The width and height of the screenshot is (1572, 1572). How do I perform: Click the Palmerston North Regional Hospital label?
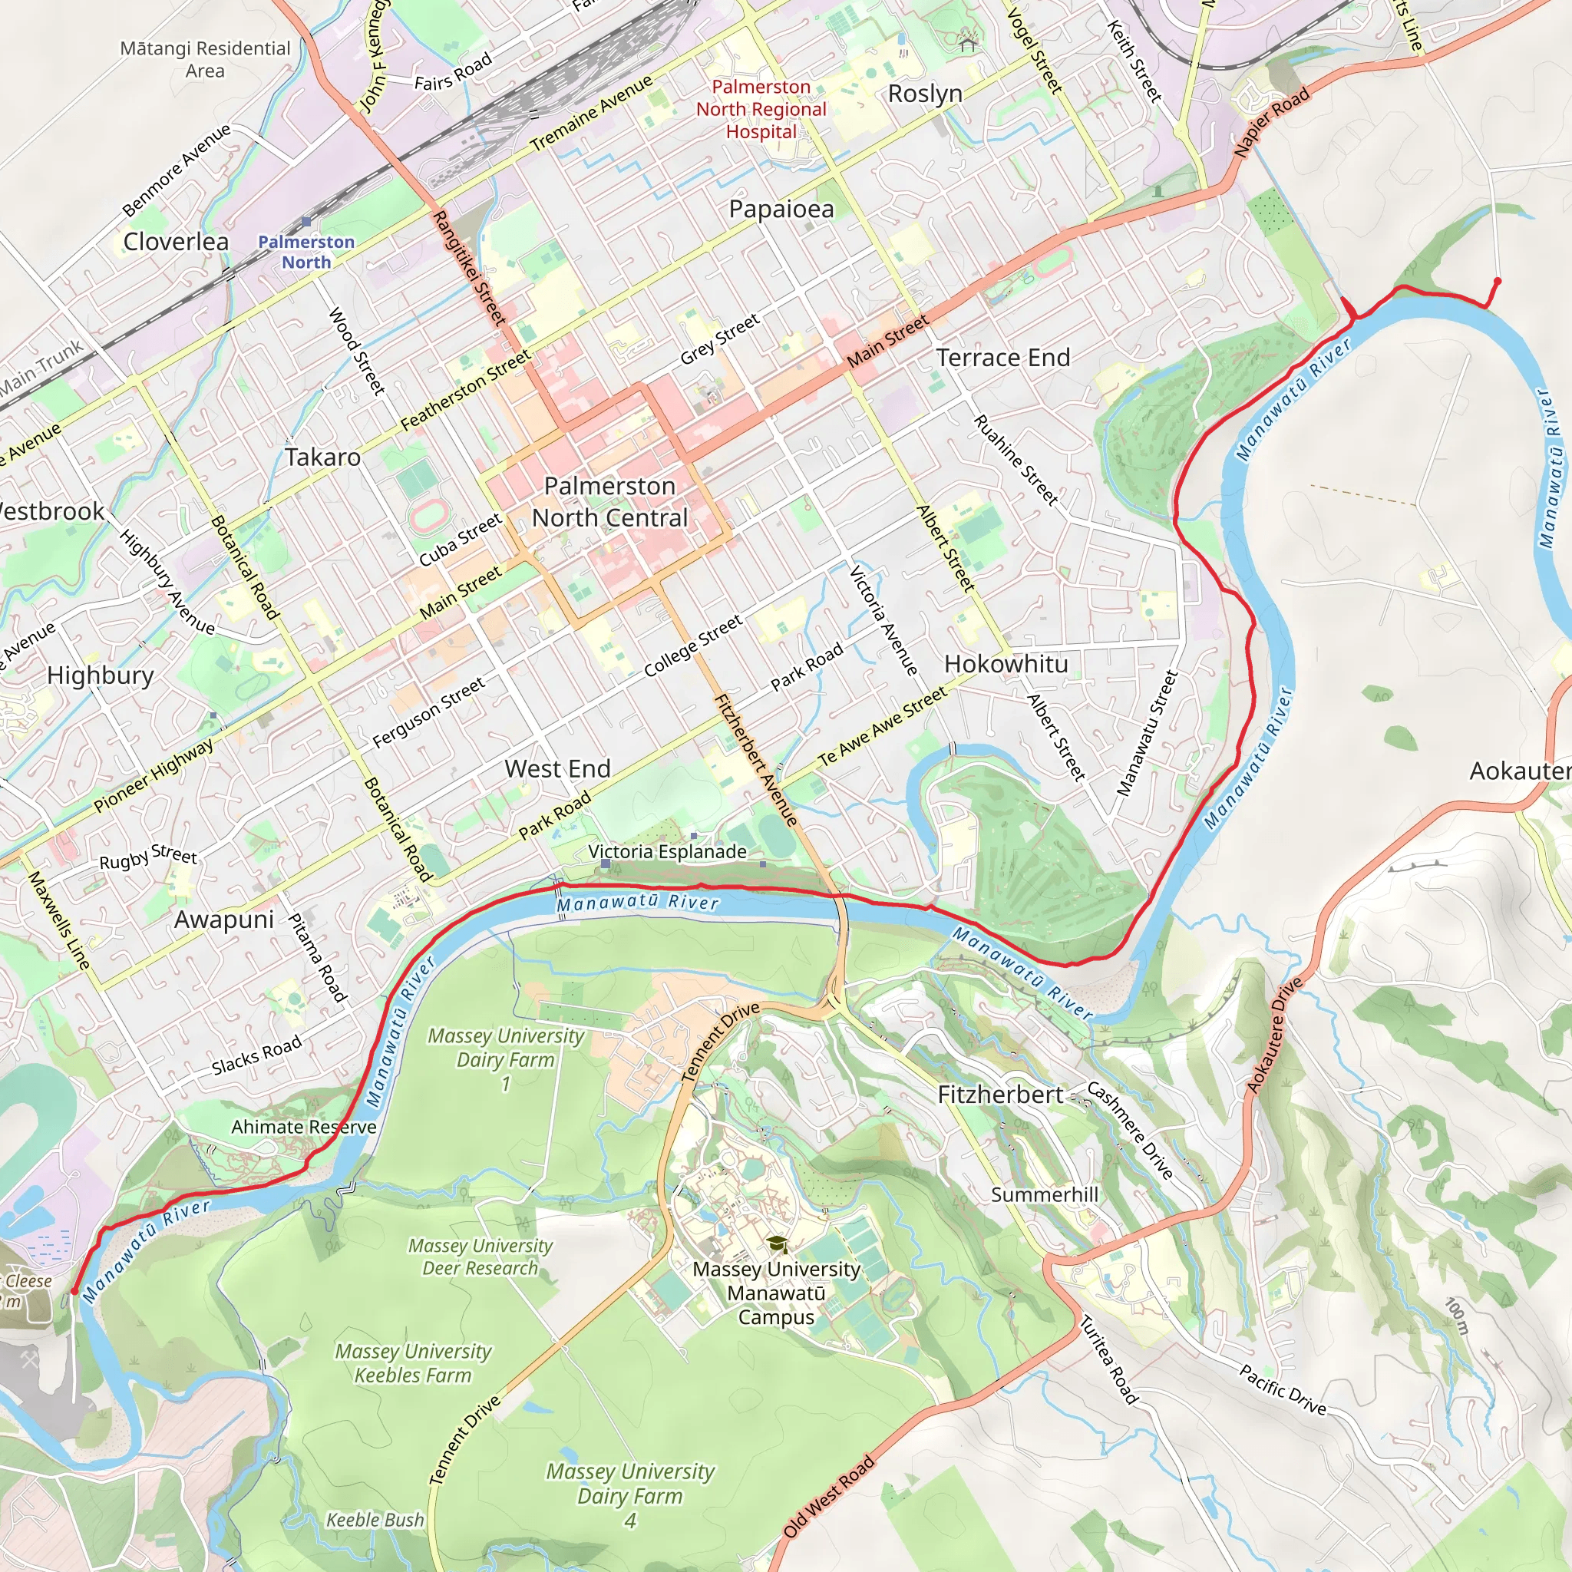click(761, 109)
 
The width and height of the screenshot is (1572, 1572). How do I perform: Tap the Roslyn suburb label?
click(925, 94)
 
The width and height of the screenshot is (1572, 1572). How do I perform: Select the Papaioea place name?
click(781, 209)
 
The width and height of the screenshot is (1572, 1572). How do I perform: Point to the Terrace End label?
click(1002, 357)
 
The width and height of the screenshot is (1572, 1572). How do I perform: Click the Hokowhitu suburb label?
click(1006, 664)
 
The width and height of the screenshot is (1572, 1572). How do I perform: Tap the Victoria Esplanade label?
click(667, 851)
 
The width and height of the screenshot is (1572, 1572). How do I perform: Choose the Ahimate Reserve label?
click(303, 1127)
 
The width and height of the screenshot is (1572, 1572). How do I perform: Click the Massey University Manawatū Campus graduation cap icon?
click(777, 1244)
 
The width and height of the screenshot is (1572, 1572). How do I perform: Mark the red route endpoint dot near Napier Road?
click(1497, 282)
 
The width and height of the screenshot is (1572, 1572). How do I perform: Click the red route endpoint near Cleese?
click(74, 1291)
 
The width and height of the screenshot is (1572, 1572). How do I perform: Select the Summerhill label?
click(1044, 1194)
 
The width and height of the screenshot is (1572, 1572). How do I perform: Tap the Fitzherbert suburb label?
click(1000, 1095)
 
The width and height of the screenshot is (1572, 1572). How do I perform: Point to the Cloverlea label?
click(176, 242)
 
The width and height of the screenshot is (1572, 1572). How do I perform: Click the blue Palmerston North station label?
click(306, 252)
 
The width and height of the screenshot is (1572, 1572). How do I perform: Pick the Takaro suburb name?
click(322, 457)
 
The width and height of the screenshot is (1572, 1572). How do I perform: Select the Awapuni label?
click(224, 920)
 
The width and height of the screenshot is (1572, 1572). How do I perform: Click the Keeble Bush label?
click(375, 1519)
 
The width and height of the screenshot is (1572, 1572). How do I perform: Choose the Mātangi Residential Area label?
click(205, 59)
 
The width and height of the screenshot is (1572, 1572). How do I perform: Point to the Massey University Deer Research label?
click(480, 1257)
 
